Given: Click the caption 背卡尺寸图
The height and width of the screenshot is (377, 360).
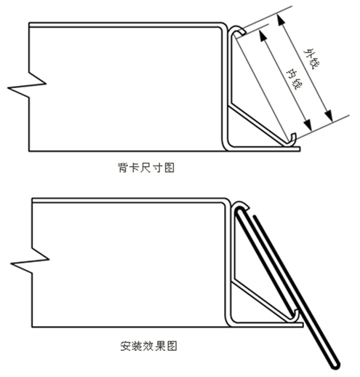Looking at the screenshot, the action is tap(146, 167).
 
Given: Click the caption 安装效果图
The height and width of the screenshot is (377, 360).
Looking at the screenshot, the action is tap(148, 346).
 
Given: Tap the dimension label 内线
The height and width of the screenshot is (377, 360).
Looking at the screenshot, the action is tap(293, 79).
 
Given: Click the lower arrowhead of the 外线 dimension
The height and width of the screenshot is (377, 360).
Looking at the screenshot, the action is tap(329, 116).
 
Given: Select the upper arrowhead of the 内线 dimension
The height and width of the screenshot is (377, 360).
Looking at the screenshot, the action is tap(263, 35).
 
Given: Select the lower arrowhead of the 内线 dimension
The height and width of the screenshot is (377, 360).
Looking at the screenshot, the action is tap(308, 124).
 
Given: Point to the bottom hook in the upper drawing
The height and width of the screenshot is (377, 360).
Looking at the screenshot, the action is tap(294, 140).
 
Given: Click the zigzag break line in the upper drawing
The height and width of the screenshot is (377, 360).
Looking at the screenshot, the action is tap(27, 86).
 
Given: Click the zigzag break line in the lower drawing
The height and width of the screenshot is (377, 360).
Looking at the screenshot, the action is tap(31, 261).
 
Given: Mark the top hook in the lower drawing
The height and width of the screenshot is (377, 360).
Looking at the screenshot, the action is tap(241, 205).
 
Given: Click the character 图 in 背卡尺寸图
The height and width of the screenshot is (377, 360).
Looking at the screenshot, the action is tap(169, 167).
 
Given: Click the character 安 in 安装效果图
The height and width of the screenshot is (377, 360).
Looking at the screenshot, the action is tap(126, 346).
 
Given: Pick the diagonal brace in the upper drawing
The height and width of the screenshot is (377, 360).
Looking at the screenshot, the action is tap(259, 124).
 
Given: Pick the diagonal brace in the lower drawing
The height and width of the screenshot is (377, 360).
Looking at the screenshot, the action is tap(262, 301).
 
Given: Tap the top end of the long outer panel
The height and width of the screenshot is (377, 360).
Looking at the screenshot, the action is tap(255, 216).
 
